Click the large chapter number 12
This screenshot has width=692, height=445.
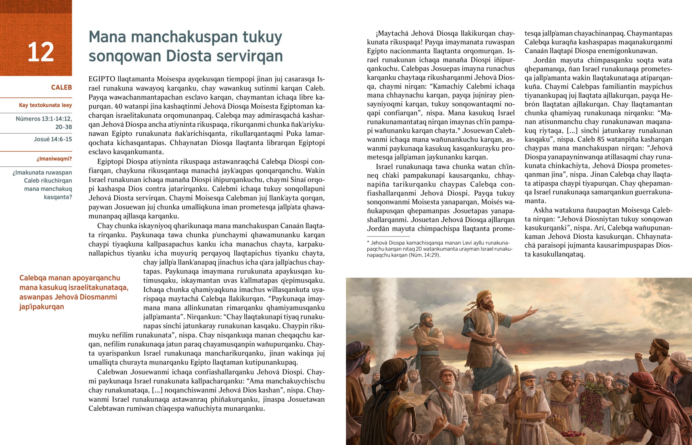click(41, 52)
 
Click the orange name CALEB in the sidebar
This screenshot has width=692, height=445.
click(61, 87)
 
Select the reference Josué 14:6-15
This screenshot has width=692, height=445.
click(52, 139)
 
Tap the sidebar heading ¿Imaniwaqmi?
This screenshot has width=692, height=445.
click(54, 159)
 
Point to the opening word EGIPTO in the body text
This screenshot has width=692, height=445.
click(102, 79)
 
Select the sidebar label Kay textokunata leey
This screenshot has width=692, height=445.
click(45, 105)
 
